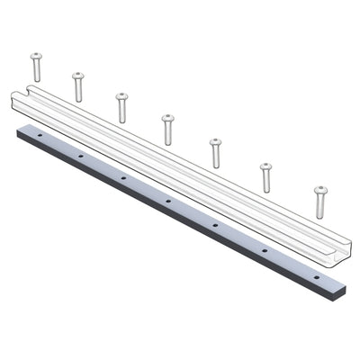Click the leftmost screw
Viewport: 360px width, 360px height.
pyautogui.click(x=36, y=67)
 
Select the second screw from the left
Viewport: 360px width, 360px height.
pyautogui.click(x=78, y=86)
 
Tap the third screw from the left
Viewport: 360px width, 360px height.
pyautogui.click(x=121, y=107)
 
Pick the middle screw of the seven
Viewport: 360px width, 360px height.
pyautogui.click(x=167, y=129)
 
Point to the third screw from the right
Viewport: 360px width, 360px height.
pyautogui.click(x=215, y=152)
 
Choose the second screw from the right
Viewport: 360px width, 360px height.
pyautogui.click(x=266, y=176)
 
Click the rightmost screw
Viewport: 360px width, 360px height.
pyautogui.click(x=320, y=201)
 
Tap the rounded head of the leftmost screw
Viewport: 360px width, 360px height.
pyautogui.click(x=36, y=56)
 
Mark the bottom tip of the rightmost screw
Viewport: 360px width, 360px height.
pyautogui.click(x=320, y=216)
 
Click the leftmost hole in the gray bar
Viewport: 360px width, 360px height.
pyautogui.click(x=40, y=135)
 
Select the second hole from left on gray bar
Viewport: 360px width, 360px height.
pyautogui.click(x=80, y=156)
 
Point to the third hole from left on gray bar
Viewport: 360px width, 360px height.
pyautogui.click(x=123, y=177)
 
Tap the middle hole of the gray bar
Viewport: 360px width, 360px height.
pyautogui.click(x=168, y=200)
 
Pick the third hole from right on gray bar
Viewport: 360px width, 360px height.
pyautogui.click(x=215, y=223)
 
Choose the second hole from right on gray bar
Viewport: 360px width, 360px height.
pyautogui.click(x=265, y=248)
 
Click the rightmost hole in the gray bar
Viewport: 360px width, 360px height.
pyautogui.click(x=316, y=274)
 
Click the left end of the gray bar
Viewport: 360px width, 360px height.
pyautogui.click(x=21, y=131)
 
